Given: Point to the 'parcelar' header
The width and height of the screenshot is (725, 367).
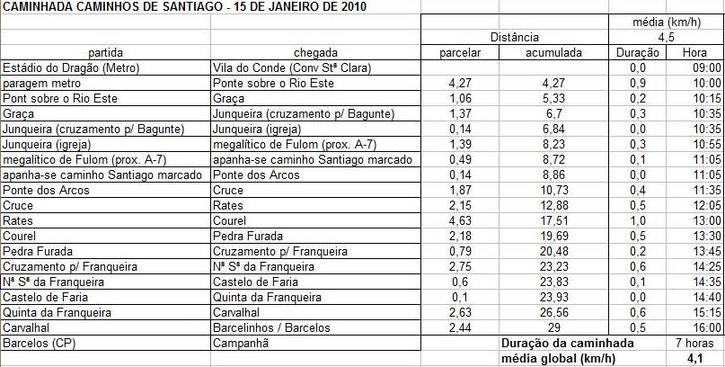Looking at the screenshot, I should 460,52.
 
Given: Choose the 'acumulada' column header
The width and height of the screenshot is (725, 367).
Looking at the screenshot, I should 555,52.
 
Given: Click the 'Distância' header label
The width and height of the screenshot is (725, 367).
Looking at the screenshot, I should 513,37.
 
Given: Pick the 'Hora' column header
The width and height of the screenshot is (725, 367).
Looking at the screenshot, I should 694,52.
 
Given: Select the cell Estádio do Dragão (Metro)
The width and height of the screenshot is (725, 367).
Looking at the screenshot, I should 68,67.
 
